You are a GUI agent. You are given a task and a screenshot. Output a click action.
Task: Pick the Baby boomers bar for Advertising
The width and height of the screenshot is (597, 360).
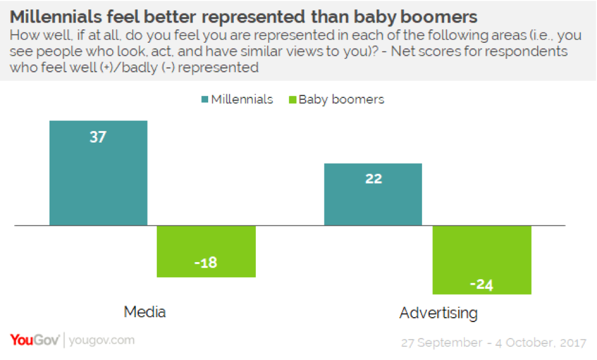[x=481, y=260]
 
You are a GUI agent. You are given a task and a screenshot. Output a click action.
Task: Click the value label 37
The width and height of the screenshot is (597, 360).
[x=98, y=137]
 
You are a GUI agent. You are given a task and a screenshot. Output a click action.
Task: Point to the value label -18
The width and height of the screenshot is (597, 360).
[x=206, y=263]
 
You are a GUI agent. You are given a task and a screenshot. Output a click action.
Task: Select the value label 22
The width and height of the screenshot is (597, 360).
[x=373, y=179]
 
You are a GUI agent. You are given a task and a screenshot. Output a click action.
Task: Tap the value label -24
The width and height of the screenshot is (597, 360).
[x=481, y=284]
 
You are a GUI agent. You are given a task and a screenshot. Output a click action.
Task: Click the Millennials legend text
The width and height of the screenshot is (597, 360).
[x=242, y=99]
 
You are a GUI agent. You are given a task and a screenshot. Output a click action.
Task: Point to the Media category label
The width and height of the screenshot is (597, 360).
[x=145, y=312]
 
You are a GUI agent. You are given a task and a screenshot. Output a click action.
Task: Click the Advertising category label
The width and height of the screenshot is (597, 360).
[x=438, y=313]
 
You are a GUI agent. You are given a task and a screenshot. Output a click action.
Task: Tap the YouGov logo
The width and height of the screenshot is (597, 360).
[x=34, y=340]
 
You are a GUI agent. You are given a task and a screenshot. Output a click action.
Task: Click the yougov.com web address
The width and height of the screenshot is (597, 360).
[x=102, y=340]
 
